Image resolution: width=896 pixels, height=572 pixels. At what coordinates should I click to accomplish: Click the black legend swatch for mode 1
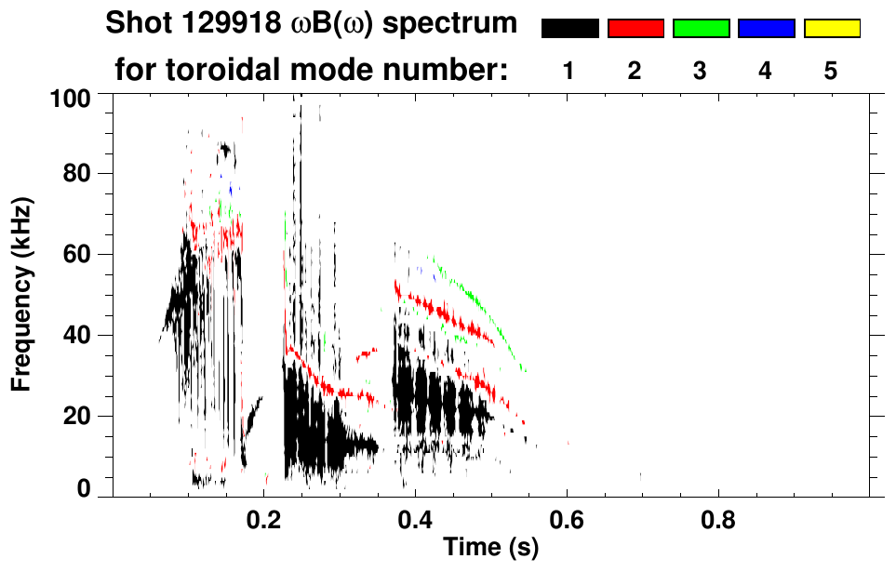coord(569,29)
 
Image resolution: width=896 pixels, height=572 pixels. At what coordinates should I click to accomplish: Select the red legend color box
coord(635,29)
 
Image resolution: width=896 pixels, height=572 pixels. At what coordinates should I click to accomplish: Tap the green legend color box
coord(701,29)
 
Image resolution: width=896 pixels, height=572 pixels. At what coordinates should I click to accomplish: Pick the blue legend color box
coord(766,29)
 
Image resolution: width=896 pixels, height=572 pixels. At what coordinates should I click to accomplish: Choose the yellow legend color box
coord(831,29)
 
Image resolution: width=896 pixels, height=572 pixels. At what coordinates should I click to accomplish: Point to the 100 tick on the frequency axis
coord(78,97)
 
